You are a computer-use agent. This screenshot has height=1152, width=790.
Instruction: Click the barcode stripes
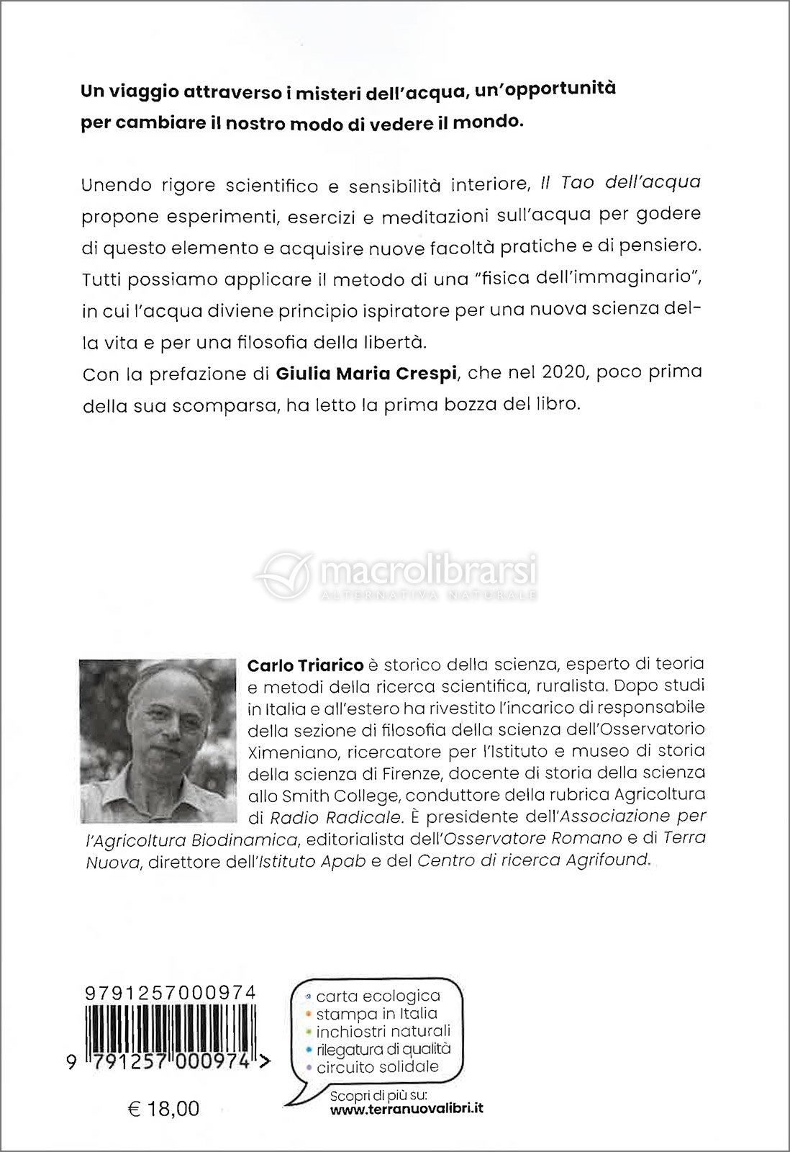tap(170, 1034)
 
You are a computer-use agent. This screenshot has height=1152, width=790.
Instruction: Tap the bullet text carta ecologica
tap(378, 996)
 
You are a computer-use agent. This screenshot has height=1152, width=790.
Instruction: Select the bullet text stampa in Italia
tap(376, 1014)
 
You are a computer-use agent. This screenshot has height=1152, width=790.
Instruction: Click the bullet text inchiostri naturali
tap(383, 1032)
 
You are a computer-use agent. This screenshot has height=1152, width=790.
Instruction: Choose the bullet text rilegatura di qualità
tap(383, 1049)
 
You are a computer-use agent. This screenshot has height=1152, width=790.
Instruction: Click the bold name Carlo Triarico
tap(305, 662)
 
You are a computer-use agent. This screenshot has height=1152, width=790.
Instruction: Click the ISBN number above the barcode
tap(170, 992)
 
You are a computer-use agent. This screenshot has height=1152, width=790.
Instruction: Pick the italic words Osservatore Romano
tap(532, 837)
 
